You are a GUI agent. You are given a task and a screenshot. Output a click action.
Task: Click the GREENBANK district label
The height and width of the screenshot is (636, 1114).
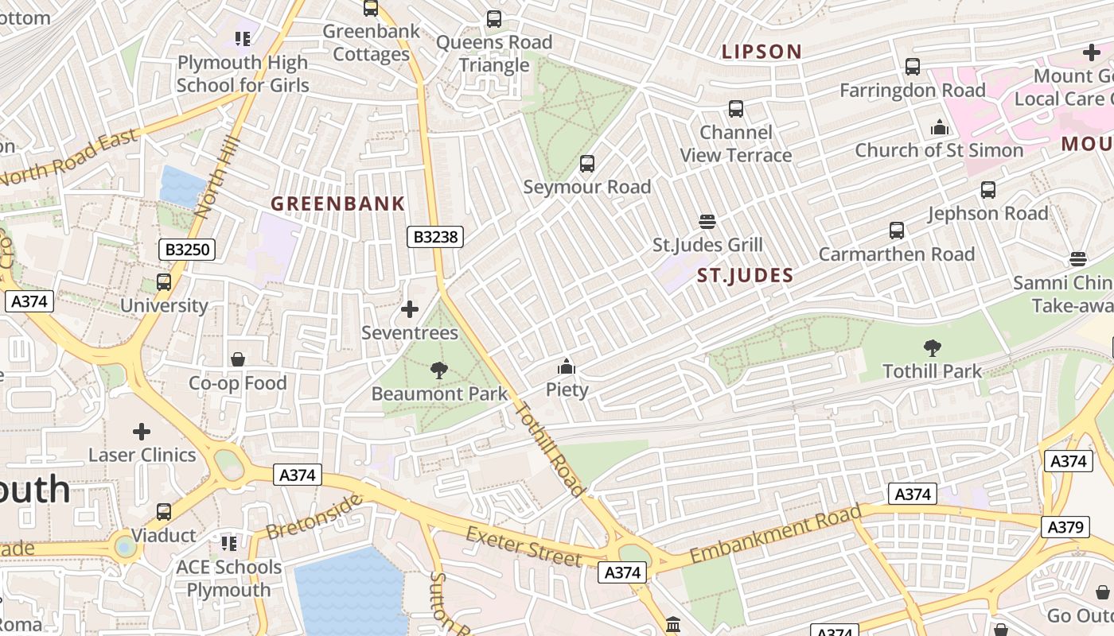point(338,204)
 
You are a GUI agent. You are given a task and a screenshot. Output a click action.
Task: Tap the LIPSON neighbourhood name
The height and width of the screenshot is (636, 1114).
point(761,52)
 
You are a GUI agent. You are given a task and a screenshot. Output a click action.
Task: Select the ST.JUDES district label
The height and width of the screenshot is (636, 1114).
point(745,276)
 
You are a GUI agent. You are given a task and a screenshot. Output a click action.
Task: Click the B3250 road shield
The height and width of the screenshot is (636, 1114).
point(188,250)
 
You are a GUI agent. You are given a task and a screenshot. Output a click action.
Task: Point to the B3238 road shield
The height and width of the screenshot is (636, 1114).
point(435,236)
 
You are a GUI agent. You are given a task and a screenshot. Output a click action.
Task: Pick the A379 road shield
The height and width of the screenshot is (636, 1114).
point(1065,526)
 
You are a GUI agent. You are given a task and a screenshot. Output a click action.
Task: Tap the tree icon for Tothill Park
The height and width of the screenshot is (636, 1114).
point(932,348)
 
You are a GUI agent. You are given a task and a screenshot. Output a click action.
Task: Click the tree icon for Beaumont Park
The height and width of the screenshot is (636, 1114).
point(438,370)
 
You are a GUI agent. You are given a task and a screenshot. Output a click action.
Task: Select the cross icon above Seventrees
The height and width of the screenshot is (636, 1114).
point(410,309)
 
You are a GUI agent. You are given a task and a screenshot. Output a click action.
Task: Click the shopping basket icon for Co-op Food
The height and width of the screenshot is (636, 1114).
point(237,360)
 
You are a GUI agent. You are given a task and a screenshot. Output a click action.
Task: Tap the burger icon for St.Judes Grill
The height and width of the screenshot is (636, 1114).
point(707,222)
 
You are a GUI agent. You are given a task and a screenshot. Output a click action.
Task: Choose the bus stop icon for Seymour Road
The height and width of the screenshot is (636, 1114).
point(587,164)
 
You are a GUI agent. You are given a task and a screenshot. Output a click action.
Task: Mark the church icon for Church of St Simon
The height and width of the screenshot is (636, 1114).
point(939,127)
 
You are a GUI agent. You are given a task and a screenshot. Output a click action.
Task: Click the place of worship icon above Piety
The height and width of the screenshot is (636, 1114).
point(567,366)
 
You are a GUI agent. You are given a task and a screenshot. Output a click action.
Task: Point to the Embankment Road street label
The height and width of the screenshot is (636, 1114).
point(775,535)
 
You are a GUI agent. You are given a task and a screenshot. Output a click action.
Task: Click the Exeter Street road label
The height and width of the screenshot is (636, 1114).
point(524,546)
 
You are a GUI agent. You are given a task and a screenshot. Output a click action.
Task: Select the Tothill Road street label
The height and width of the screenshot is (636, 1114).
point(551,450)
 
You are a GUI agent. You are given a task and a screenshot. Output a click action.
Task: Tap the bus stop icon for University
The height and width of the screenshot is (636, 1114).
point(164,282)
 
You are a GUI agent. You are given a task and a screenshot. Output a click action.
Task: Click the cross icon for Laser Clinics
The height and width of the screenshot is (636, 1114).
point(142,432)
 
